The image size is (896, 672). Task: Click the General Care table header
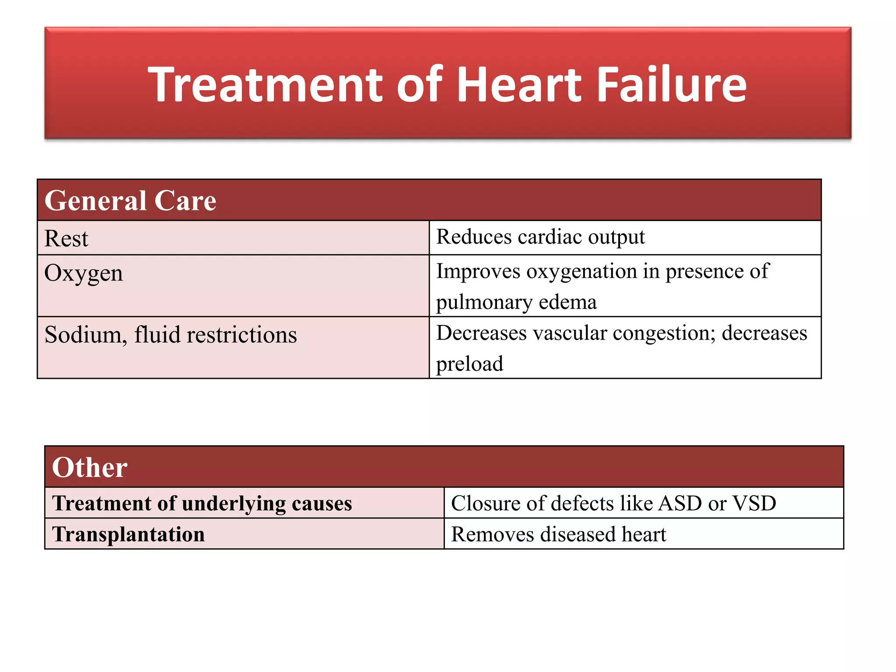tap(130, 201)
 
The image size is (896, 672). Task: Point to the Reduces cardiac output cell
tap(540, 237)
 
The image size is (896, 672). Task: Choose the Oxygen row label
tap(84, 273)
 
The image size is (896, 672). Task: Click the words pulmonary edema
tap(516, 302)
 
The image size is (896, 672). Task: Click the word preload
tap(469, 364)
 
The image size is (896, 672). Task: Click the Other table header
tap(90, 467)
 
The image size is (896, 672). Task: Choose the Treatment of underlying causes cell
tap(202, 503)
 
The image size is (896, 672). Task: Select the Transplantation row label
tap(128, 534)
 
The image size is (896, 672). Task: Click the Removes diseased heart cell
tap(558, 534)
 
